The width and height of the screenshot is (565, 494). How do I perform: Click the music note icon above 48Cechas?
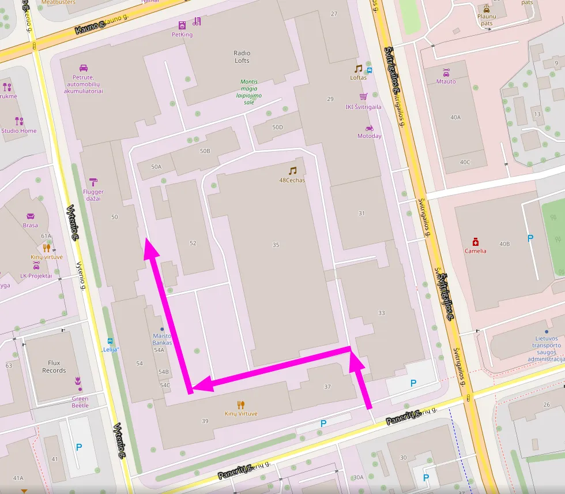click(292, 171)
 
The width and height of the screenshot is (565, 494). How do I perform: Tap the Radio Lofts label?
click(242, 57)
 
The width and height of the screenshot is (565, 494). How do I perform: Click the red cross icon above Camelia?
click(476, 241)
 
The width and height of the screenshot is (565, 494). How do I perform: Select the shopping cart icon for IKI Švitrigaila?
click(363, 96)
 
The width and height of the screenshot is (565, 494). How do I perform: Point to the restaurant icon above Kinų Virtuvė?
click(241, 405)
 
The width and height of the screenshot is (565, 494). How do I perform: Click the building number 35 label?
click(276, 245)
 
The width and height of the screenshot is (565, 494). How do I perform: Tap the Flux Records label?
click(54, 366)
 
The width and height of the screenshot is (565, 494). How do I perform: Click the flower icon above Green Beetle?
click(77, 381)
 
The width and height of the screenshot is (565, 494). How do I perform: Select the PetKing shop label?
click(182, 35)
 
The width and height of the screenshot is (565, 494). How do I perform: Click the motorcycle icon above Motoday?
click(370, 128)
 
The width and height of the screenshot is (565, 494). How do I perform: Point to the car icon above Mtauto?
click(446, 72)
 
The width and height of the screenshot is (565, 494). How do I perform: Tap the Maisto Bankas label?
click(163, 339)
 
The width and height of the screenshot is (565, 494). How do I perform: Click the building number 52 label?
click(193, 243)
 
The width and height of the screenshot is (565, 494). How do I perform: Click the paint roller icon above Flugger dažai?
click(93, 182)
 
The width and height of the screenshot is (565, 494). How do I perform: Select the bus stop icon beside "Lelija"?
click(110, 341)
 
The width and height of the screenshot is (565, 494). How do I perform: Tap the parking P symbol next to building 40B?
click(530, 237)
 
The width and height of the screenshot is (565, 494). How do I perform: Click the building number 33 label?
click(381, 313)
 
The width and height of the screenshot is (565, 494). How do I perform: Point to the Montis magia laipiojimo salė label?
click(249, 92)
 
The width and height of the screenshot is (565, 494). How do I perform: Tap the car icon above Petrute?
click(84, 68)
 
